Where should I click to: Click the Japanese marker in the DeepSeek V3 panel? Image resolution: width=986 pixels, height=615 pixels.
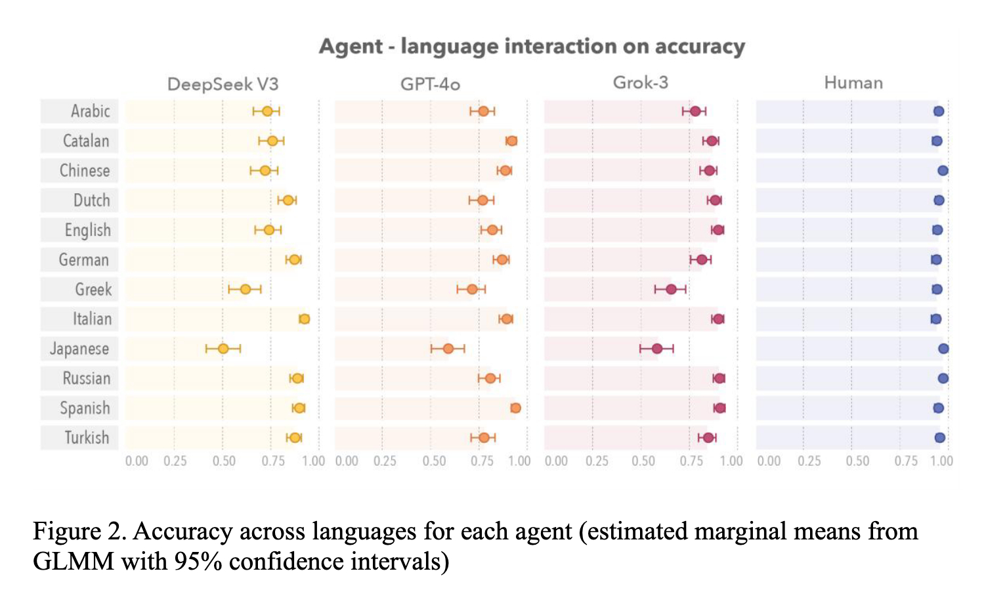click(x=223, y=348)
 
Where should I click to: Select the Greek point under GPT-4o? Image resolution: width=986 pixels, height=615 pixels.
click(x=472, y=289)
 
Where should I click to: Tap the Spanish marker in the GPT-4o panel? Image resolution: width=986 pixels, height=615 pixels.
click(x=515, y=408)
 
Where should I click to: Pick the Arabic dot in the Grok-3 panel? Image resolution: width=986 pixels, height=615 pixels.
click(x=695, y=111)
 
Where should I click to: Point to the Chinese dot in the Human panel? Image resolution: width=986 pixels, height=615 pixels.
click(x=943, y=171)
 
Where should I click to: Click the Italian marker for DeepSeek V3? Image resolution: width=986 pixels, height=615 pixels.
click(x=304, y=319)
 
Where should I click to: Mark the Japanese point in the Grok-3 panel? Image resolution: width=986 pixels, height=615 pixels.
click(x=657, y=348)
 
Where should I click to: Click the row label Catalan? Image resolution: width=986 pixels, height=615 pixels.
click(x=86, y=141)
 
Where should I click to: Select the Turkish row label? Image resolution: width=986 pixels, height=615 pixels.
click(x=87, y=438)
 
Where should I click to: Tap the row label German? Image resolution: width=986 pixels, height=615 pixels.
click(x=83, y=260)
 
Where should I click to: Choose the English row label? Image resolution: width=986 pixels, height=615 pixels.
click(x=87, y=230)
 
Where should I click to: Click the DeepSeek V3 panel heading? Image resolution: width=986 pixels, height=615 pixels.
click(x=223, y=84)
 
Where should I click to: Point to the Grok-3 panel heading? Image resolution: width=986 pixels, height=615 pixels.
click(x=640, y=83)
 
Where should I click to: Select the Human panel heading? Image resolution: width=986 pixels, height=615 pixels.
click(x=853, y=83)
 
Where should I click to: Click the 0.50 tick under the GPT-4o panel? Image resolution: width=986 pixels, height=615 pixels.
click(x=434, y=461)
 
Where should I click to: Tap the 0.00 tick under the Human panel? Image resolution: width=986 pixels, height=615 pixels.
click(x=769, y=461)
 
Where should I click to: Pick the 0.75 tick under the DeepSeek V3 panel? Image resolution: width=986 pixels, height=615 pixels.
click(x=273, y=461)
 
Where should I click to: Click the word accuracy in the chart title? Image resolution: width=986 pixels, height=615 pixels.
click(x=700, y=47)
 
